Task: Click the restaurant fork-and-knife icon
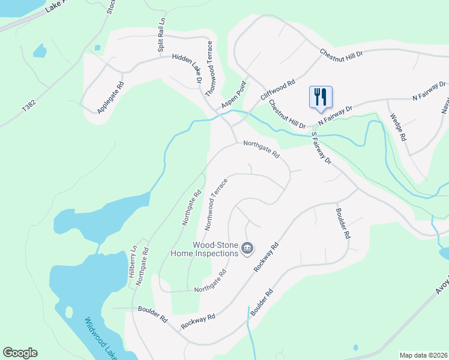320,96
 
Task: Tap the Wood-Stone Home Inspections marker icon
247,248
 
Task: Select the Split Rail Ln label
161,38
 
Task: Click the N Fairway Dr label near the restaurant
334,113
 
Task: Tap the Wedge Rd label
398,127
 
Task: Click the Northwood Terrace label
217,205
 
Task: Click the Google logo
20,353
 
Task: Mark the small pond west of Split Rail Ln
40,51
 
